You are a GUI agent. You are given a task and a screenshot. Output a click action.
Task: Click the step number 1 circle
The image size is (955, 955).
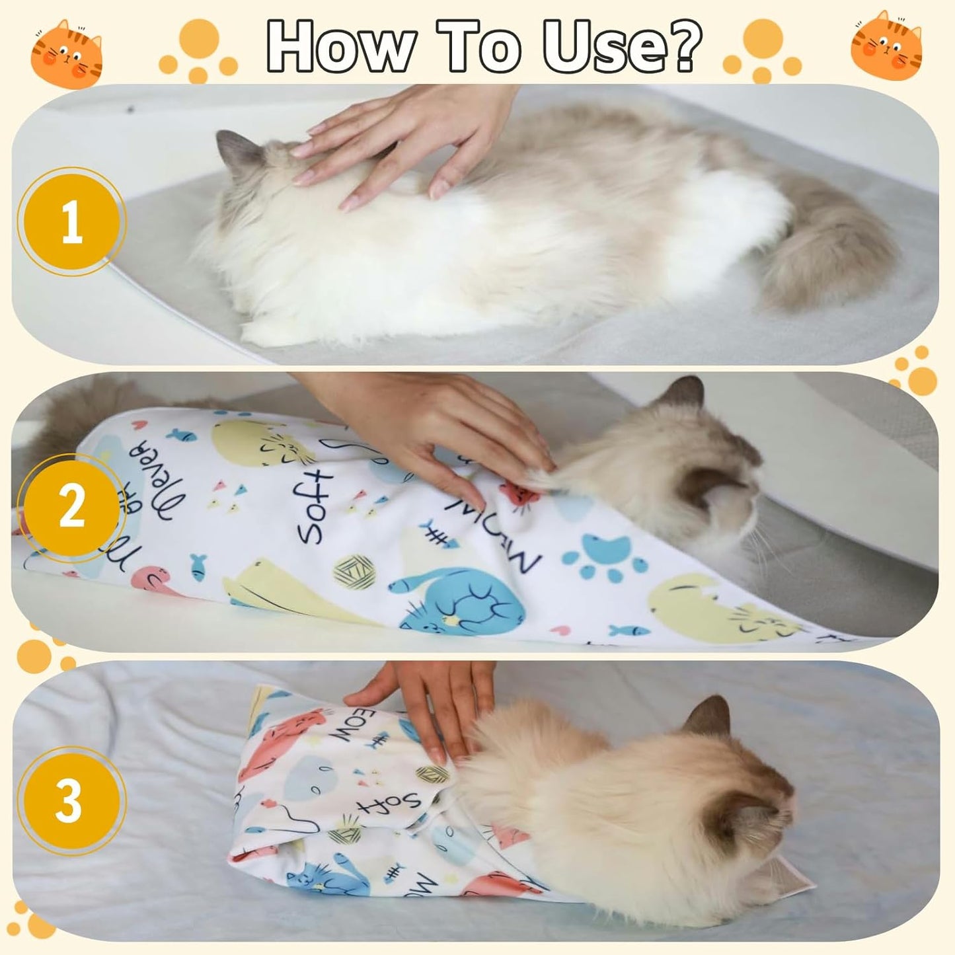71,221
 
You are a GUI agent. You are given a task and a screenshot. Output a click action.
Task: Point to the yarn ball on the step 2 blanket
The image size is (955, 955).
354,572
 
